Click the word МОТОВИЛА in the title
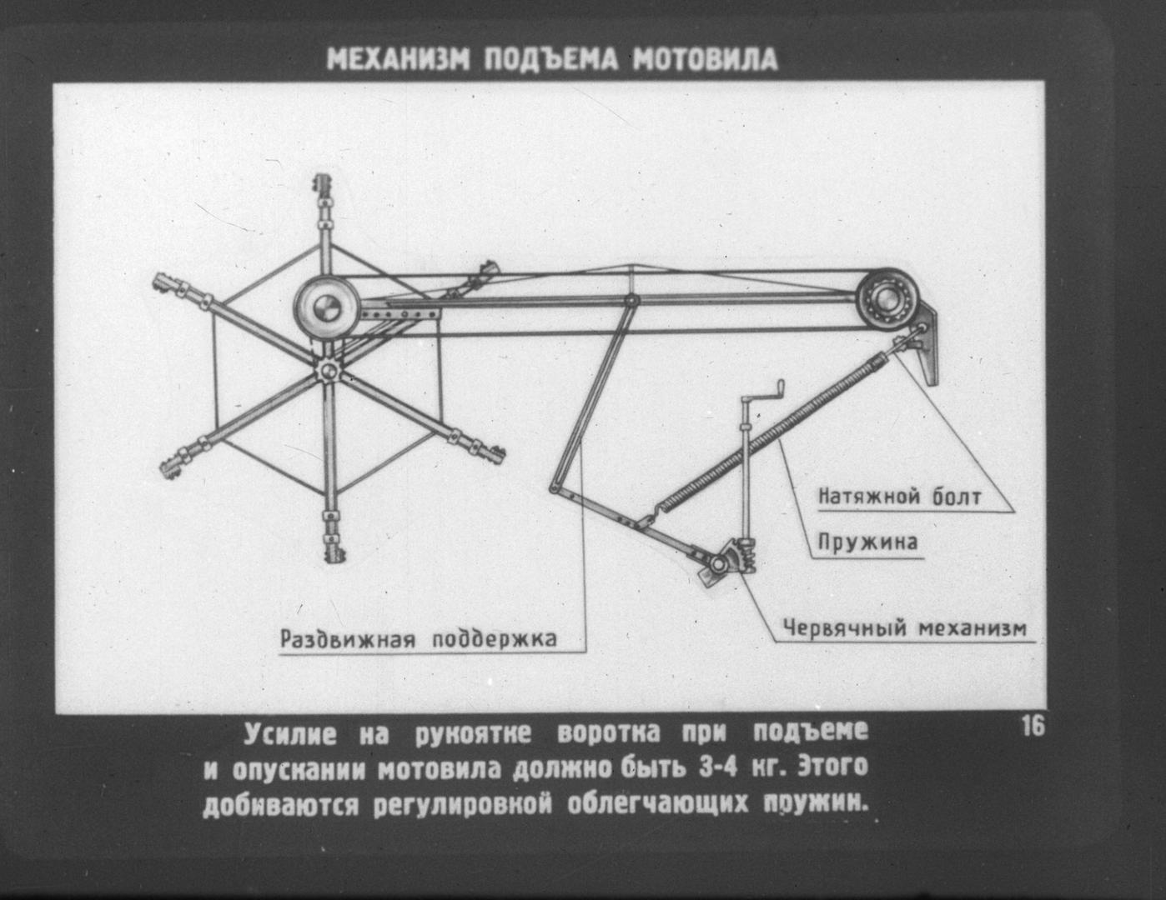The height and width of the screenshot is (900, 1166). pos(705,60)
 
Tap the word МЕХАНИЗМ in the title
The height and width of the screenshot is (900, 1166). pos(398,60)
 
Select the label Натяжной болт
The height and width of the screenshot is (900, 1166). pos(900,497)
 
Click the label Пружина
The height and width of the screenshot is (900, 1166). pos(867,543)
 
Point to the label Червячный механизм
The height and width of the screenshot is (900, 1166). pos(905,628)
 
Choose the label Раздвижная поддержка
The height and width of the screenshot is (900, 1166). pos(419,639)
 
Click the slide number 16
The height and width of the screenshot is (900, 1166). pos(1033,727)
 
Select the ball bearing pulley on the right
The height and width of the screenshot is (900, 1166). pos(887,298)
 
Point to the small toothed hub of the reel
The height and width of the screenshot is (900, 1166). pos(326,370)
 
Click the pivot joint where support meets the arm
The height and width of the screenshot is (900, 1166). pos(632,301)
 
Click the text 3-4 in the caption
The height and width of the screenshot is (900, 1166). pos(717,767)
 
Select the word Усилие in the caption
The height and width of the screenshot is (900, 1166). pos(290,734)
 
